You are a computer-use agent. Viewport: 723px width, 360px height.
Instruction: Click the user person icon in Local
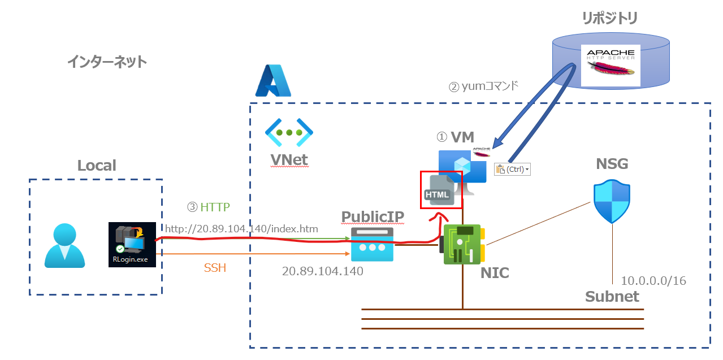point(65,245)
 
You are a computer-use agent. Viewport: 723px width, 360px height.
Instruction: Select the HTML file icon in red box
point(438,189)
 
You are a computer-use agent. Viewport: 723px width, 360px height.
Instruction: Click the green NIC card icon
point(462,244)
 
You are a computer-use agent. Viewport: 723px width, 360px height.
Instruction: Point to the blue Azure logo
point(272,81)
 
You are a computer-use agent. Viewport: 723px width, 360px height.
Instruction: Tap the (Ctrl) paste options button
point(513,169)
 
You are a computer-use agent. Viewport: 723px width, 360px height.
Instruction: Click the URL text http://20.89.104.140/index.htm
point(241,229)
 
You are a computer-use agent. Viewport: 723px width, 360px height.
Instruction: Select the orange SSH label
point(215,268)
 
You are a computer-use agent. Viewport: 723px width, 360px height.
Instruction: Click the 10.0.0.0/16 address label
point(653,281)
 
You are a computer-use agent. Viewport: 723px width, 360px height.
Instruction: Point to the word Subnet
point(612,297)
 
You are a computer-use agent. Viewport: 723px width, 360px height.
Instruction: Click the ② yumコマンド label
point(483,87)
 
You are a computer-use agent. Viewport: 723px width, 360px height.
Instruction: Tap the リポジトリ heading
point(610,19)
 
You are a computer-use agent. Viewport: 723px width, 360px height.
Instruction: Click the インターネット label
point(107,62)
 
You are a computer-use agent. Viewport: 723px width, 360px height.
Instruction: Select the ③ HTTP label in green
point(209,207)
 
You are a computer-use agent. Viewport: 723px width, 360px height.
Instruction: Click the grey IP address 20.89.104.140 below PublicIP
point(322,271)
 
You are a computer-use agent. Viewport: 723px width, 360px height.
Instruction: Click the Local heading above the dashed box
point(97,166)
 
